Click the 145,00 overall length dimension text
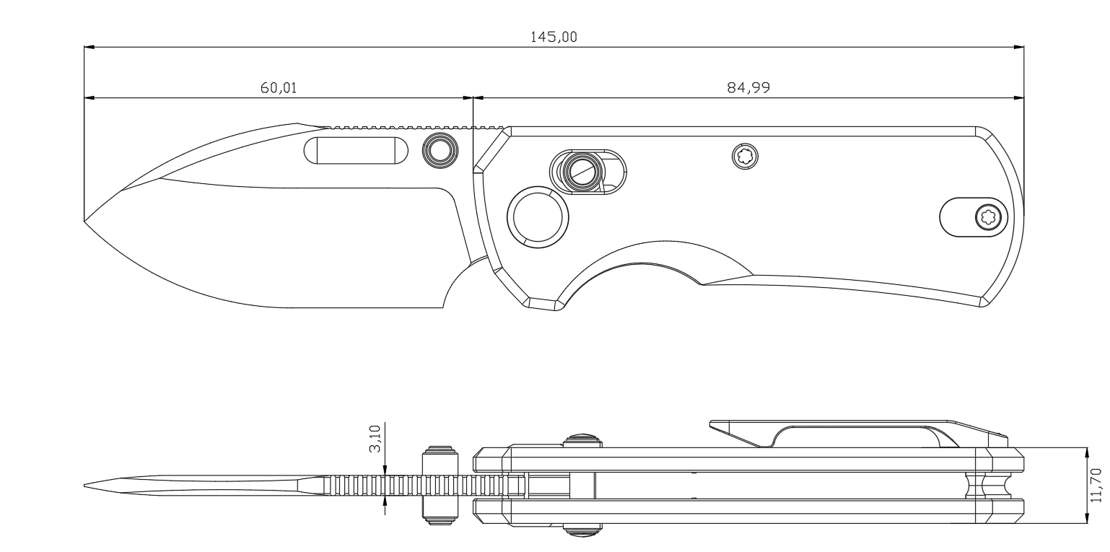pyautogui.click(x=554, y=38)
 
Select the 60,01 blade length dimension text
pyautogui.click(x=278, y=88)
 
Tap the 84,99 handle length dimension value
pyautogui.click(x=748, y=88)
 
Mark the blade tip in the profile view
pyautogui.click(x=86, y=220)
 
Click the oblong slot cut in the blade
pyautogui.click(x=356, y=150)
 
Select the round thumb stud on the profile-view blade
pyautogui.click(x=439, y=150)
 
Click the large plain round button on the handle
pyautogui.click(x=538, y=215)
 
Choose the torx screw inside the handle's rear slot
pyautogui.click(x=987, y=216)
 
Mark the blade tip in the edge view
pyautogui.click(x=86, y=486)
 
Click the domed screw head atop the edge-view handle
pyautogui.click(x=582, y=438)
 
